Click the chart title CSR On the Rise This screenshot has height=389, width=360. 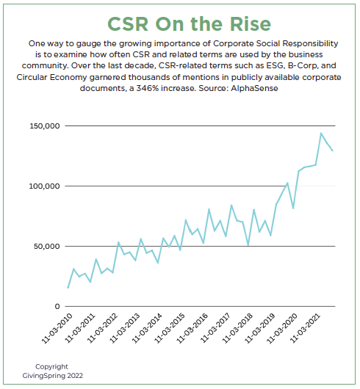click(x=190, y=24)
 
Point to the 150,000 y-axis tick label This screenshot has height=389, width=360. click(x=45, y=126)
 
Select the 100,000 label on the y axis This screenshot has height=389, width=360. click(x=45, y=186)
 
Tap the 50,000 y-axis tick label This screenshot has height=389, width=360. click(x=47, y=247)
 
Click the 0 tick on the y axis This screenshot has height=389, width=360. click(x=57, y=307)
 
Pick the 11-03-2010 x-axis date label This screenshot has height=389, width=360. click(x=57, y=328)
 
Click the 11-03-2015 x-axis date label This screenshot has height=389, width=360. click(x=170, y=328)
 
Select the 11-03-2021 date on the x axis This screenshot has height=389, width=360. click(x=305, y=328)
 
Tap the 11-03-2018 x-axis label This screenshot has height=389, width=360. click(x=237, y=328)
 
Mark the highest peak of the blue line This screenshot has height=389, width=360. click(x=321, y=134)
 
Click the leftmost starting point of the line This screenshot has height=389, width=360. click(x=68, y=288)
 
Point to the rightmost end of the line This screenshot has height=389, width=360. click(x=332, y=150)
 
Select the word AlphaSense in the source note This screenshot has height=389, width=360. click(x=254, y=88)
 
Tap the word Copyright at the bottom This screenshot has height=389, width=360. click(x=51, y=367)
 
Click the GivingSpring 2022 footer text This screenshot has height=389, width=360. click(x=53, y=376)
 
